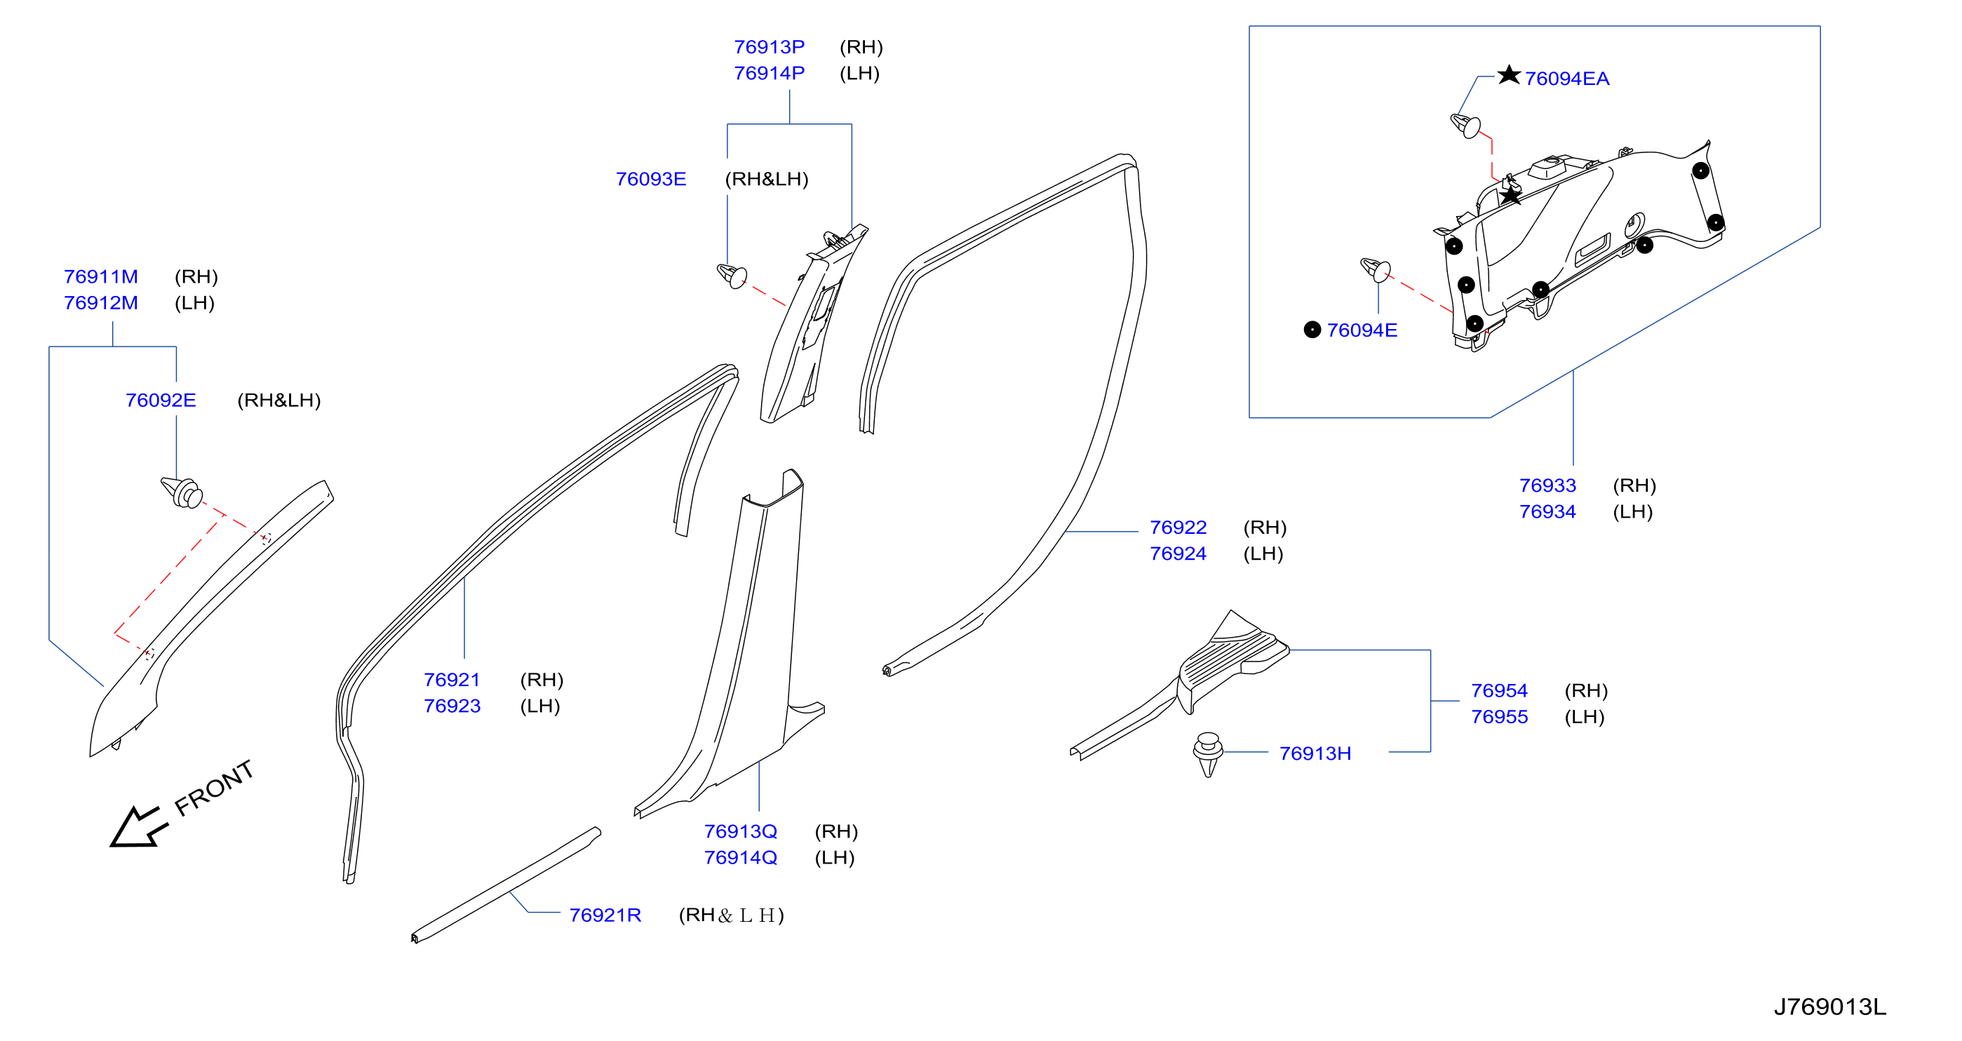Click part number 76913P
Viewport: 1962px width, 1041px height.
770,47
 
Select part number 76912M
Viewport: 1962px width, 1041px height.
101,303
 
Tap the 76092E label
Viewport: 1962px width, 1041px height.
161,401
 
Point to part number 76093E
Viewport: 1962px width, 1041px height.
651,179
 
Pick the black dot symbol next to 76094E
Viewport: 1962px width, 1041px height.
1312,330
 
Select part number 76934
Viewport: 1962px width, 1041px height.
1547,512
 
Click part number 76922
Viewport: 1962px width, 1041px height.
1178,528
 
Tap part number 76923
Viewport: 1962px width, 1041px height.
452,706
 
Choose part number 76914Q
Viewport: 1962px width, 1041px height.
741,858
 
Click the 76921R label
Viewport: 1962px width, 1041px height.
605,915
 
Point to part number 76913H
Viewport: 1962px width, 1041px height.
1315,754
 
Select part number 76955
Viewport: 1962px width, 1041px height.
1500,718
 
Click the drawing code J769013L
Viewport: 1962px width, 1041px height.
1830,1007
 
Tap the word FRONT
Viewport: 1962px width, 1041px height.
214,788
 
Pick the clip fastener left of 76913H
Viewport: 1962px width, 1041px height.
1208,754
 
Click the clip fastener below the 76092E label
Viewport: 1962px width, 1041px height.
182,492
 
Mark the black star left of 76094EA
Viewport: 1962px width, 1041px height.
1509,74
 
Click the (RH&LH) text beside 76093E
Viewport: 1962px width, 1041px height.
767,179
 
